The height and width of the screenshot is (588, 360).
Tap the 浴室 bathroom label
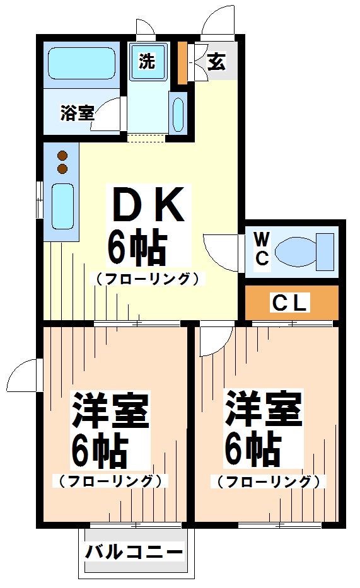(77, 113)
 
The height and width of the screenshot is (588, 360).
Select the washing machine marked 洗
(148, 61)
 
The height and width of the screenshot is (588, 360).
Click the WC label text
(262, 248)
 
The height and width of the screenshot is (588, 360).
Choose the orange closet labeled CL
(291, 303)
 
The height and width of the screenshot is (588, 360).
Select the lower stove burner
(62, 168)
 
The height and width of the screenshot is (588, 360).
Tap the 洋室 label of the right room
(264, 409)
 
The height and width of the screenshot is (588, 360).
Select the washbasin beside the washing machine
(177, 113)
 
